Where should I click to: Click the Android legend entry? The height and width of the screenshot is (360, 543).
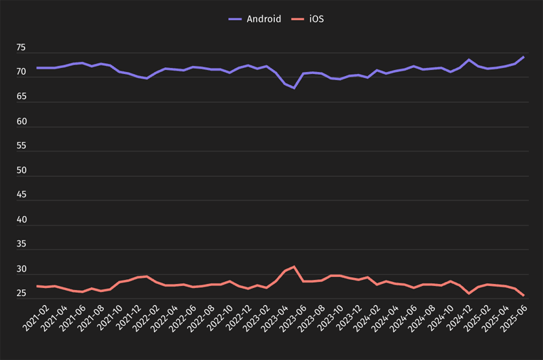pyautogui.click(x=255, y=19)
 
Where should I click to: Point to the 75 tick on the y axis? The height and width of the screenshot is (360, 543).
pyautogui.click(x=21, y=48)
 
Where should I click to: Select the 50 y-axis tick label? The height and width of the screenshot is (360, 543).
pyautogui.click(x=21, y=170)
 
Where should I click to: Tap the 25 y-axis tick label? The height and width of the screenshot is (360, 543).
pyautogui.click(x=21, y=293)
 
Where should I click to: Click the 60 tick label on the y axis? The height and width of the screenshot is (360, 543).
pyautogui.click(x=21, y=122)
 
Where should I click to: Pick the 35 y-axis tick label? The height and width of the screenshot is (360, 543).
pyautogui.click(x=21, y=245)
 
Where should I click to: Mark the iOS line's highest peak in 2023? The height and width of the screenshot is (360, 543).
pyautogui.click(x=294, y=266)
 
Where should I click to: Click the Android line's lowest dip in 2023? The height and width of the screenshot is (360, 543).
pyautogui.click(x=294, y=88)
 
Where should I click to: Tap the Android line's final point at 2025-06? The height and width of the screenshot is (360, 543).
pyautogui.click(x=523, y=57)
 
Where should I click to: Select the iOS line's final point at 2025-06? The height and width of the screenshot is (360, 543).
pyautogui.click(x=523, y=295)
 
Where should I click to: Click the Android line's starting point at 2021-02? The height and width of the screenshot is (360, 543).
pyautogui.click(x=37, y=68)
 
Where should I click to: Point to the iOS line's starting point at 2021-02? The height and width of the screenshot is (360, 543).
pyautogui.click(x=37, y=286)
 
